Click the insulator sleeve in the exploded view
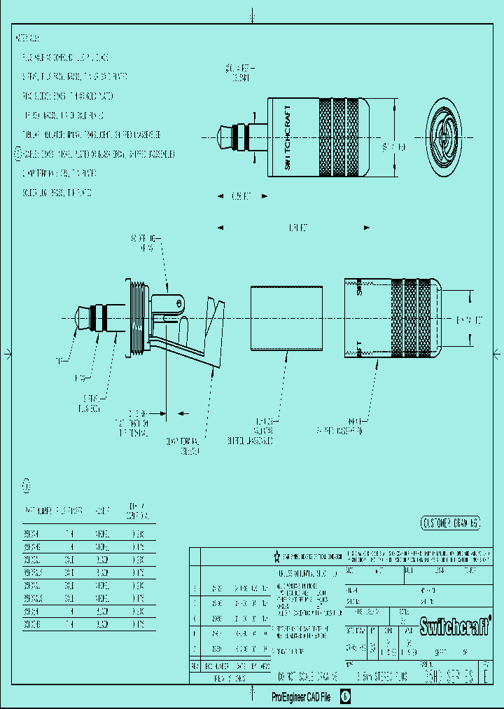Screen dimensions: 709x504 287,317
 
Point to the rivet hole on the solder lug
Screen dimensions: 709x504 179,303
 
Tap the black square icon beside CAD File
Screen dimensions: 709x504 345,697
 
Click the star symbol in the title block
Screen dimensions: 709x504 277,556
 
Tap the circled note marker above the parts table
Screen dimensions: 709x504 27,485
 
